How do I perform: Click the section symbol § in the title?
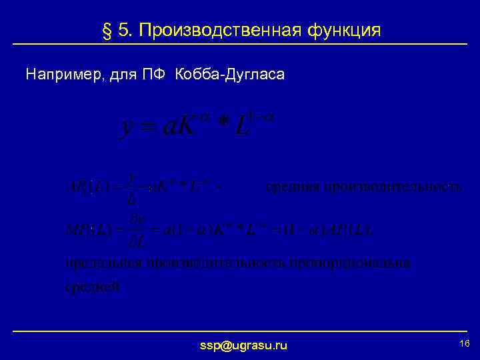point(103,31)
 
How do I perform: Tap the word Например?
point(59,75)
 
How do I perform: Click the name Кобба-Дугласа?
point(229,75)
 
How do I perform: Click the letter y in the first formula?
point(125,128)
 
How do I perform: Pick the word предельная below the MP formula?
point(97,263)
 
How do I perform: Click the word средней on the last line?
point(93,287)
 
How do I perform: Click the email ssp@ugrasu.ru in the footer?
point(243,345)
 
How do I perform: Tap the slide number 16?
point(465,343)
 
